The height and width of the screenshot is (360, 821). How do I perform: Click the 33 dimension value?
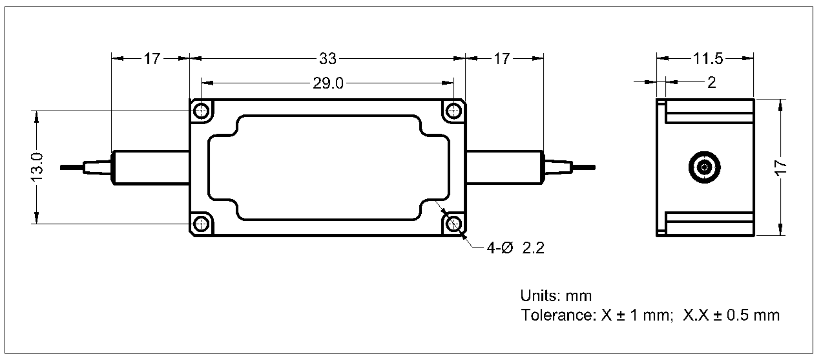[x=327, y=59]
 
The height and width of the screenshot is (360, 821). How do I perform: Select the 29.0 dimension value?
[x=329, y=84]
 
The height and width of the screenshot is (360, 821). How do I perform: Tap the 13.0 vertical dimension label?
[x=37, y=166]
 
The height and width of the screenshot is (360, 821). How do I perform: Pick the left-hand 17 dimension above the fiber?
[x=151, y=59]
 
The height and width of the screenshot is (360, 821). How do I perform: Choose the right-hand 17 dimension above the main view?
[x=502, y=59]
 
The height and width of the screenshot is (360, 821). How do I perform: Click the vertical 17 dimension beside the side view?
[x=781, y=167]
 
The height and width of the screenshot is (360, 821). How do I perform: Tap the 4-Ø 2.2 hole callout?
[x=515, y=248]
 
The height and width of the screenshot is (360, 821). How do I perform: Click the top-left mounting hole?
[x=202, y=111]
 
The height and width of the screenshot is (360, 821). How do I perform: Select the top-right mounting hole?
[x=455, y=111]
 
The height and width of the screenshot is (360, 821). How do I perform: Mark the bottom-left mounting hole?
[x=202, y=224]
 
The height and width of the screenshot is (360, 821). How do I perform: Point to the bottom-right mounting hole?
[x=455, y=224]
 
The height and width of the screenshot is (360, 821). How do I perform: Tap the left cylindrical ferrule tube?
[x=151, y=167]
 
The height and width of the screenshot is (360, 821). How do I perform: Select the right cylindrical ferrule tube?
[x=504, y=167]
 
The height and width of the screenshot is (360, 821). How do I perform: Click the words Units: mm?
[x=556, y=296]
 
